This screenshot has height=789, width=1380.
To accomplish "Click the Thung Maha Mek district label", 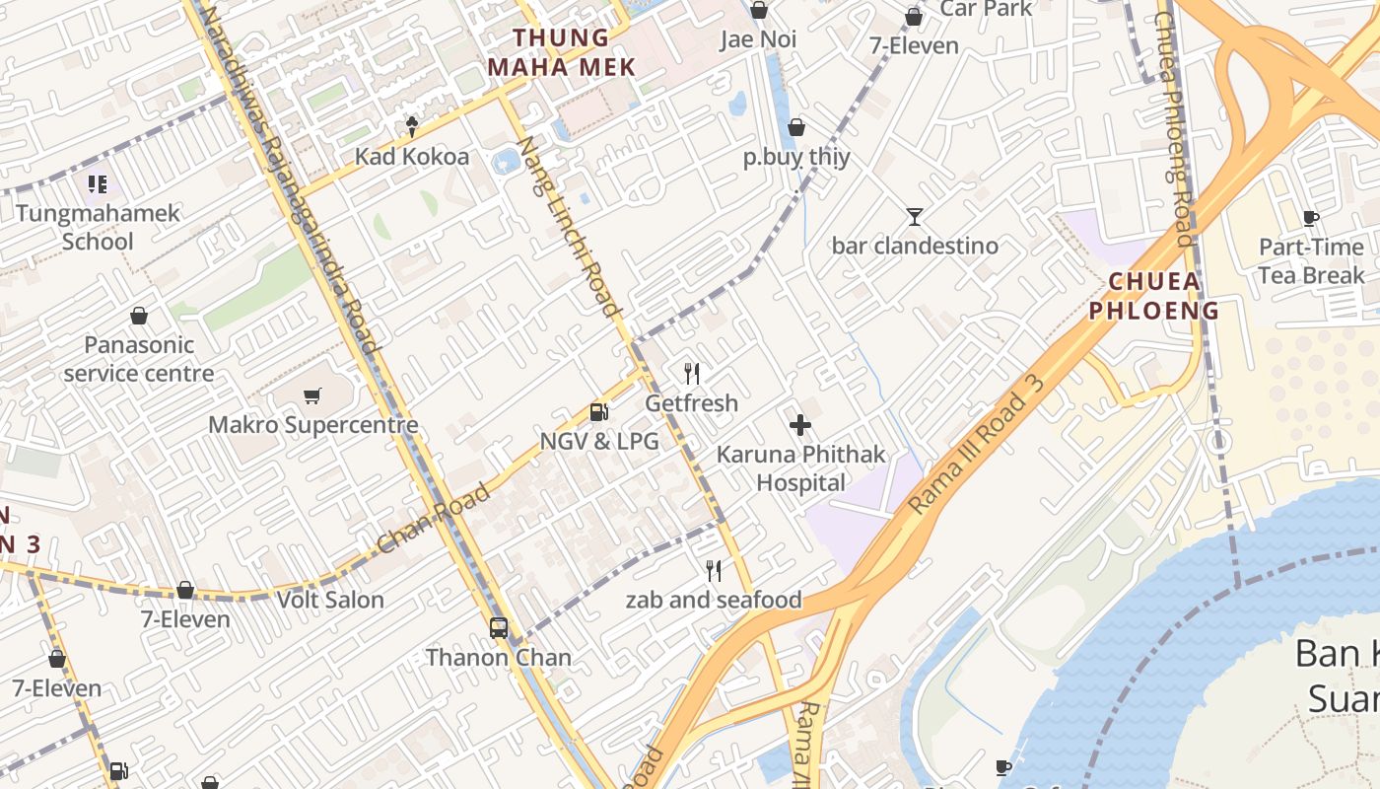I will coord(575,52).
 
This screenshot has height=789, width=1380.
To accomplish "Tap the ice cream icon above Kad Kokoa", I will coord(412,126).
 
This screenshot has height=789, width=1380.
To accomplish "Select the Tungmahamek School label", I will coord(98,227).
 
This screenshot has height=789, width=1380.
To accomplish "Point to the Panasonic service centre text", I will coord(139,359).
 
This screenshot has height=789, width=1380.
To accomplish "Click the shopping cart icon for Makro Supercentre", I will coord(312,396).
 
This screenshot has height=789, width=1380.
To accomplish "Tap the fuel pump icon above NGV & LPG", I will coord(598,412).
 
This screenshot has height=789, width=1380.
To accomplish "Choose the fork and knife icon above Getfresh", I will coord(692,374).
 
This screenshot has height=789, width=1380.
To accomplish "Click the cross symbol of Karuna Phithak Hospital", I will coord(800,425).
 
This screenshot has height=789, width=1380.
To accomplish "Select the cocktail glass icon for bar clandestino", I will coord(915,216).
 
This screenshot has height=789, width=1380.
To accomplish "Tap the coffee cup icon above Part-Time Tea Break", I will coord(1310,218).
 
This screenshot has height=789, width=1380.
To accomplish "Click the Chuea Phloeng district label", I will coord(1163,296).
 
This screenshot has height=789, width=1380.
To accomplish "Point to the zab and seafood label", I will coord(714,600).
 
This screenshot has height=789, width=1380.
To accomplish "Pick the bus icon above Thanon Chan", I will coord(499,627).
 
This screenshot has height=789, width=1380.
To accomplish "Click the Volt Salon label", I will coord(330,600).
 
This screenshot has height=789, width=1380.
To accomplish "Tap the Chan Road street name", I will coord(434,519).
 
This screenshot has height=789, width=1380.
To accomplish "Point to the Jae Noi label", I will coord(758,39).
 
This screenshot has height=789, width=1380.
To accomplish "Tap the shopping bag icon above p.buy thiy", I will coord(796,127).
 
